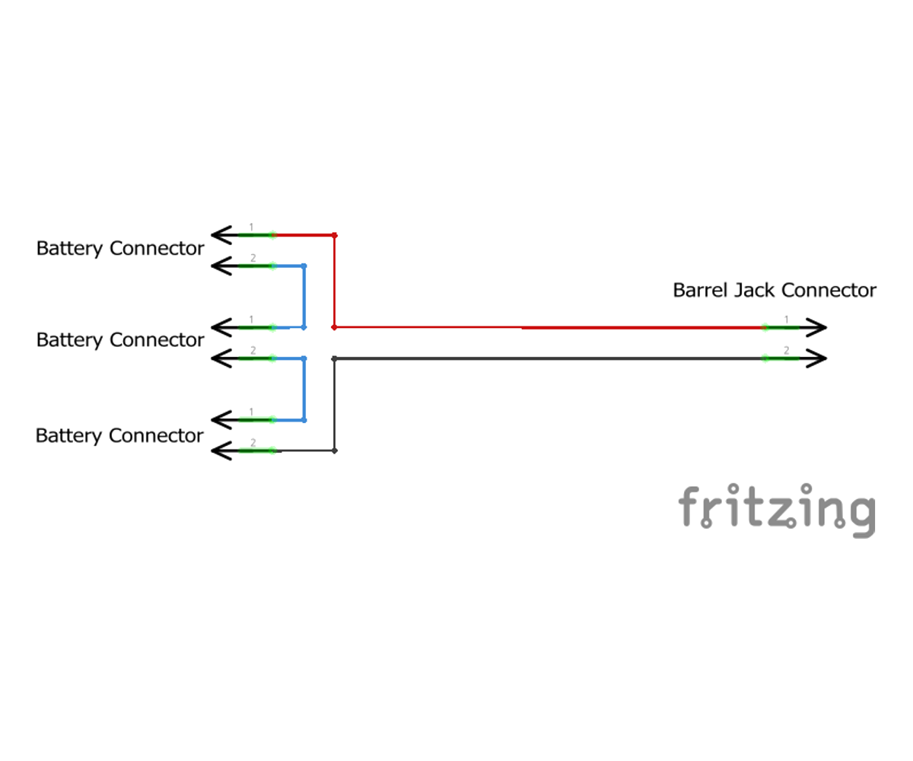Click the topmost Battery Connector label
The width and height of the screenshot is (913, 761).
coord(120,249)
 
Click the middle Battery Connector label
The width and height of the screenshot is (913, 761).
coord(120,340)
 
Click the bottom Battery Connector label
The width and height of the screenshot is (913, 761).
coord(119,436)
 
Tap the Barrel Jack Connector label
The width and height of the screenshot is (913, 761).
coord(774,291)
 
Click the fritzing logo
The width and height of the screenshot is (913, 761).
coord(777,508)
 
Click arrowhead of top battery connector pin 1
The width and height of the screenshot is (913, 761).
coord(220,235)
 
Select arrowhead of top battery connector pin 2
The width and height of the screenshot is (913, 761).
coord(220,266)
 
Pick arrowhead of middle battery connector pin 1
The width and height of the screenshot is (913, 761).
coord(220,328)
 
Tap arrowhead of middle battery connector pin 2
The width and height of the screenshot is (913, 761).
coord(220,358)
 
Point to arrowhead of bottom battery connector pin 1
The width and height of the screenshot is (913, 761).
coord(220,420)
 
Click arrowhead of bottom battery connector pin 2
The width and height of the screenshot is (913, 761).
coord(220,451)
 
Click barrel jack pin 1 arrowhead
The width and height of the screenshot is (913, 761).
coord(817,328)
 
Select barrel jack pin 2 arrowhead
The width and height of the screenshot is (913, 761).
coord(817,358)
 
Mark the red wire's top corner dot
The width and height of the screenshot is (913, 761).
coord(334,235)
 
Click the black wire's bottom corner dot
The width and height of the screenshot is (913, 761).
coord(334,451)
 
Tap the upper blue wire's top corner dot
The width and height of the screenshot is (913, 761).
coord(304,266)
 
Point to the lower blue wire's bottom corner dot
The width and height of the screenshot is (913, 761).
coord(304,420)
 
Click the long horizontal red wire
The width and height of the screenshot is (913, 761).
coord(548,328)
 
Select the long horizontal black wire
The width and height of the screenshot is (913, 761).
coord(548,358)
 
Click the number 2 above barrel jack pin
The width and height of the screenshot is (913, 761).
coord(787,350)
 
